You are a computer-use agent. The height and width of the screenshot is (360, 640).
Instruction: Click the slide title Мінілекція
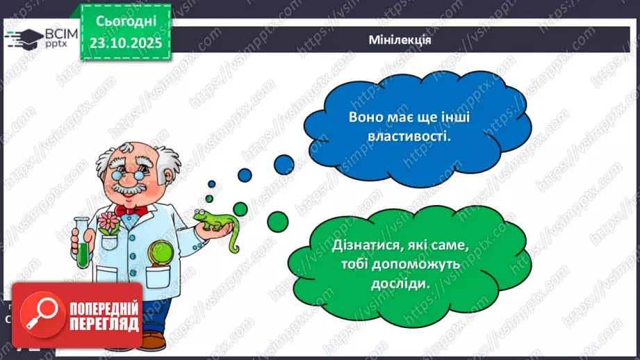click(400, 40)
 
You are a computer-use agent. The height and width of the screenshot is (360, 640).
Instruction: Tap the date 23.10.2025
click(125, 43)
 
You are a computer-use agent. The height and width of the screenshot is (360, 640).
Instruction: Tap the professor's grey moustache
click(128, 189)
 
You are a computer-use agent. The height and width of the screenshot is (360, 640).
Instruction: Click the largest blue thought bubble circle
click(284, 163)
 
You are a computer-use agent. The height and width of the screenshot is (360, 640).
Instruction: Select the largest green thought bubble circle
click(278, 222)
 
